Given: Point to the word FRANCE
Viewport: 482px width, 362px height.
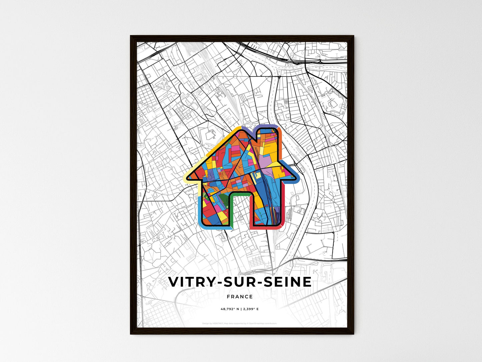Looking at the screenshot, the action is [x=239, y=297].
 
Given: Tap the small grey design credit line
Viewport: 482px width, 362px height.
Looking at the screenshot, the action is [x=239, y=323].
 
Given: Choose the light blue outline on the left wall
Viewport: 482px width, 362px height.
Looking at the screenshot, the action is [x=200, y=210].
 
